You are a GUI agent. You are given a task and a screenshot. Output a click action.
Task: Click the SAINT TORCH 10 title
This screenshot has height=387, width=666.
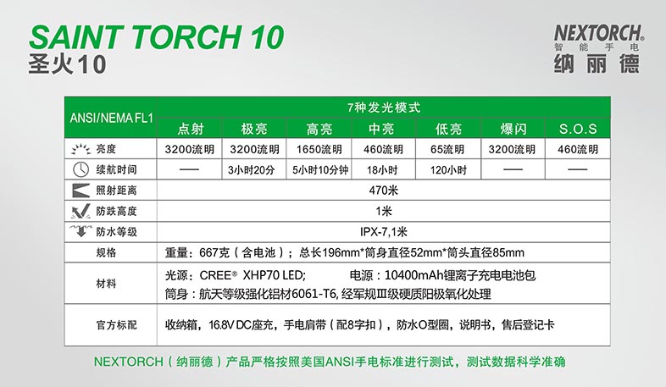[156, 37]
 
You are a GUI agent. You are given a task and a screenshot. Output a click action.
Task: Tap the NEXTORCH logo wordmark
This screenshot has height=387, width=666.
[599, 33]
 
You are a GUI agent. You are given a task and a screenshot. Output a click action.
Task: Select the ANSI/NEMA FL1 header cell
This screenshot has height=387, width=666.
[111, 118]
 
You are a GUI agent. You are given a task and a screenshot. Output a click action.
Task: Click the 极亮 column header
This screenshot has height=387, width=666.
[254, 129]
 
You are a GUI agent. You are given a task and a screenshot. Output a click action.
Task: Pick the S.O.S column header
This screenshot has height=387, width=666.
[578, 129]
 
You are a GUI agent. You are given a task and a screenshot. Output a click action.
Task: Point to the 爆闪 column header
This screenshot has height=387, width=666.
[513, 129]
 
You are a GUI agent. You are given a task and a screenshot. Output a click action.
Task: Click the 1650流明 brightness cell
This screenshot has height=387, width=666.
[319, 149]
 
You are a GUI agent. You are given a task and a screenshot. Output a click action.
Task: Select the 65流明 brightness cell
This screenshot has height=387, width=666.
[447, 149]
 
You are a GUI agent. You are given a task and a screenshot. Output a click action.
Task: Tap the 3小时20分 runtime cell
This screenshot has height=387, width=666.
[251, 170]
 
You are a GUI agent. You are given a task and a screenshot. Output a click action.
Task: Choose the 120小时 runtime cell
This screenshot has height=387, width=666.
[448, 170]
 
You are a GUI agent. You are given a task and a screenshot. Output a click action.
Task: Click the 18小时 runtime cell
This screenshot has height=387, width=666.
[382, 170]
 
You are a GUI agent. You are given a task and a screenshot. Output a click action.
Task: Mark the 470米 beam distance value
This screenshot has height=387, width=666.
[384, 191]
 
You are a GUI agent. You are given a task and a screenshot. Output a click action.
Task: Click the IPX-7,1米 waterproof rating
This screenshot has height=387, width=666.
[384, 232]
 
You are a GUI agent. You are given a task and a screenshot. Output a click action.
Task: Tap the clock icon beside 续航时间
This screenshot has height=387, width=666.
[80, 169]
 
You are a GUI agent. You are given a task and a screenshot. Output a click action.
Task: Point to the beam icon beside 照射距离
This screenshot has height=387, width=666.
[80, 191]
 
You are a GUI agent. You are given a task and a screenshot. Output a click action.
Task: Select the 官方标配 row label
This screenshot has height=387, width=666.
[116, 325]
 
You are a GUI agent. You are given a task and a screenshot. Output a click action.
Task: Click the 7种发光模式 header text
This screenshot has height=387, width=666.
[384, 108]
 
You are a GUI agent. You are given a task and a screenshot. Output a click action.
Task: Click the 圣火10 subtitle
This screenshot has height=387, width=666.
[67, 64]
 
